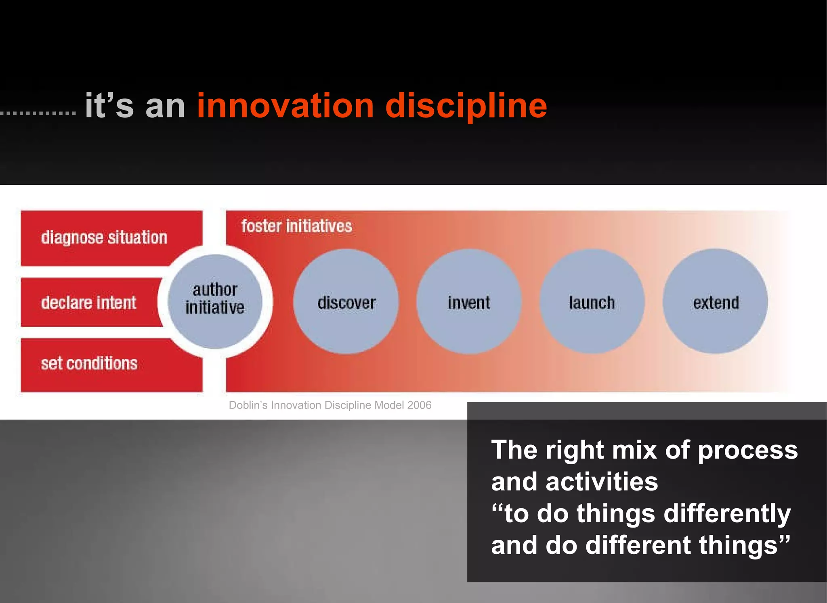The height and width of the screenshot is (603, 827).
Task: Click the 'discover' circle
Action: (x=346, y=302)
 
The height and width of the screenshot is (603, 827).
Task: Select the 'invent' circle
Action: (x=469, y=302)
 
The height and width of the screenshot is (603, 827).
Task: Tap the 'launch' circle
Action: (x=592, y=302)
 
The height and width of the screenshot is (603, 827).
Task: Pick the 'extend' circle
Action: (x=715, y=302)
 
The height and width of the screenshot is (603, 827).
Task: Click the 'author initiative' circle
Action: (x=215, y=301)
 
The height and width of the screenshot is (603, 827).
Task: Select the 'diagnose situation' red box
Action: (x=104, y=238)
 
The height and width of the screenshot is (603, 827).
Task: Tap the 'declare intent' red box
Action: (x=89, y=303)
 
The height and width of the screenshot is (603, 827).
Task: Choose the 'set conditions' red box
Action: (x=89, y=364)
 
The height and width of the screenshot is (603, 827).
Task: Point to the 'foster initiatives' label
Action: (x=297, y=226)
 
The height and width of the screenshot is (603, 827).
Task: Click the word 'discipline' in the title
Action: (x=466, y=106)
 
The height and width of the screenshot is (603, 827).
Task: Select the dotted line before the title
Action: (x=38, y=113)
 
